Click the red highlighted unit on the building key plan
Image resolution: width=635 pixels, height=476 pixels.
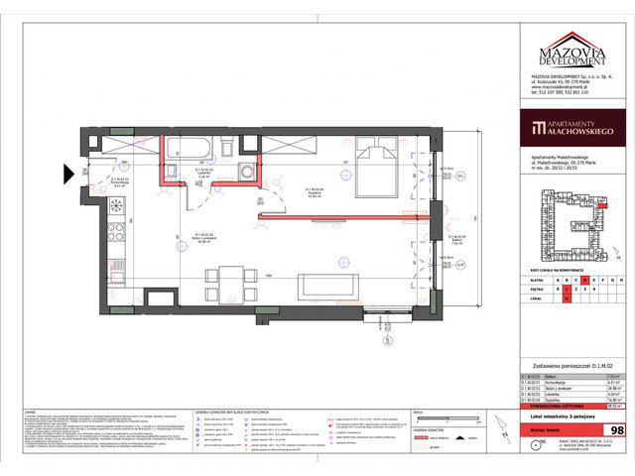click(x=600, y=203)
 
